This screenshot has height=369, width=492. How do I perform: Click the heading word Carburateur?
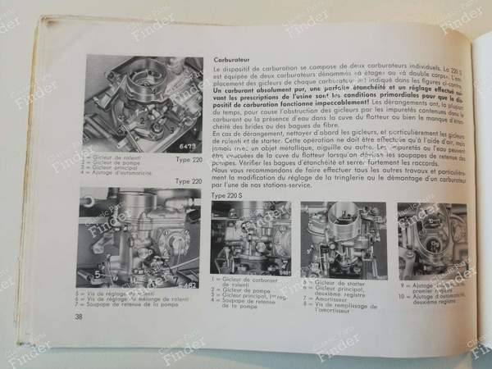tap(231, 60)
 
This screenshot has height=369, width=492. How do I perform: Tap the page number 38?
tap(79, 317)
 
